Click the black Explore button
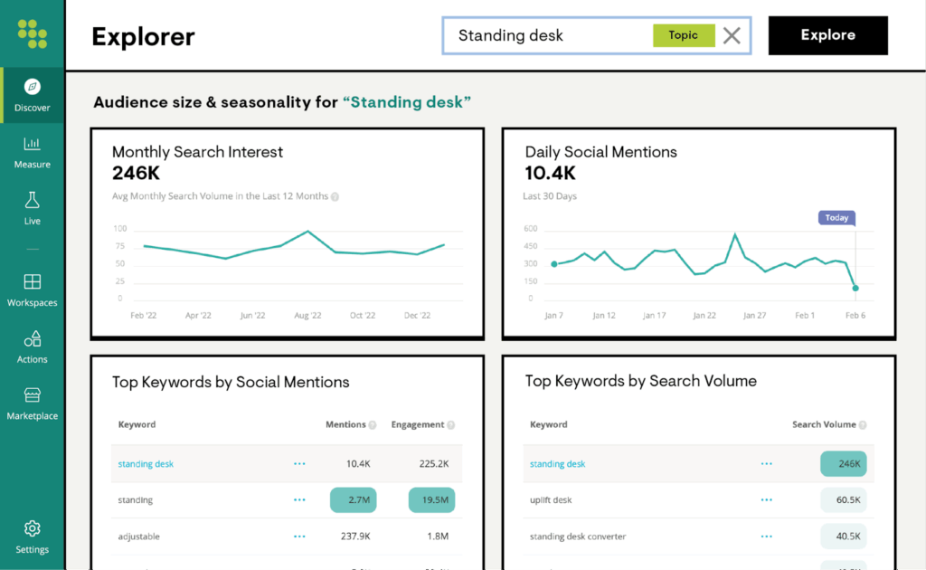click(x=827, y=36)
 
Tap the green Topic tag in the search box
click(x=684, y=35)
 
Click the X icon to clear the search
click(x=732, y=36)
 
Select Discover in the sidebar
click(x=33, y=95)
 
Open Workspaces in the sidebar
click(x=33, y=290)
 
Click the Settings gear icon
click(x=33, y=528)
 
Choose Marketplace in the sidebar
click(x=33, y=404)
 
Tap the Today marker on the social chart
click(x=836, y=218)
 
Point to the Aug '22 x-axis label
click(x=307, y=316)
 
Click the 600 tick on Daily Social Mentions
click(x=530, y=228)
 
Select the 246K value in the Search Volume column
click(x=844, y=464)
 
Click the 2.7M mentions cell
click(x=353, y=500)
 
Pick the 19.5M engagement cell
click(x=431, y=500)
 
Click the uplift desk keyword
click(x=551, y=500)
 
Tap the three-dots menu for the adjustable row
click(x=299, y=537)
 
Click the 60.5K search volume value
click(x=844, y=500)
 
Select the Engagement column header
click(x=418, y=424)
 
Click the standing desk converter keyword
click(x=578, y=537)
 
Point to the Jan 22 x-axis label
click(x=704, y=316)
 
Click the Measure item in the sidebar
click(x=33, y=151)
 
